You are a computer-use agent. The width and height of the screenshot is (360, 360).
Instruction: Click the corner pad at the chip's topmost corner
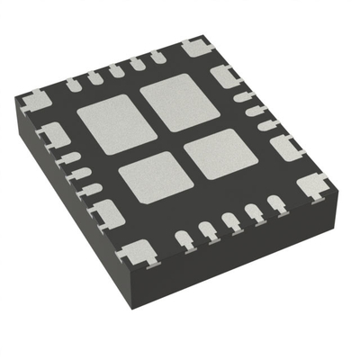coord(194,47)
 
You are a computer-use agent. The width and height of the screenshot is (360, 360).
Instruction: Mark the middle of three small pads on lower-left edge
coord(81,173)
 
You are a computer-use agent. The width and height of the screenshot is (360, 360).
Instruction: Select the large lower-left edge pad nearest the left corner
coord(56,136)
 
